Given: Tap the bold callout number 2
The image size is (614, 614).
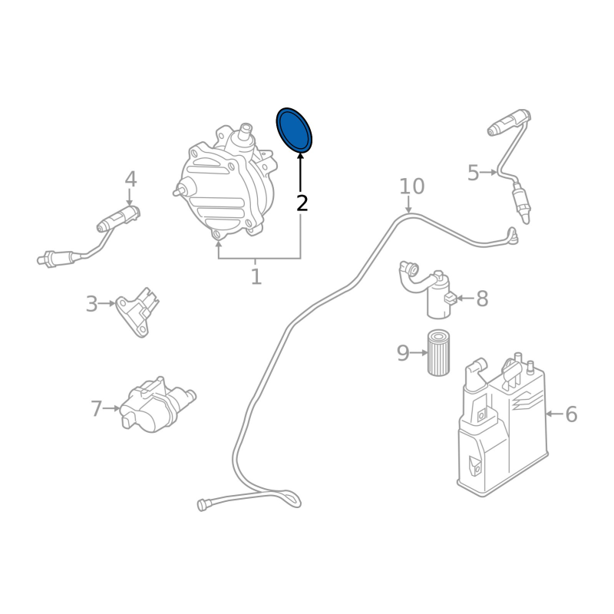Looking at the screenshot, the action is pyautogui.click(x=302, y=203).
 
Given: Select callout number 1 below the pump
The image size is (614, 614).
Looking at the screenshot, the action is pyautogui.click(x=256, y=276).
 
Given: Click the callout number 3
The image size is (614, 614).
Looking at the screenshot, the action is pyautogui.click(x=91, y=303).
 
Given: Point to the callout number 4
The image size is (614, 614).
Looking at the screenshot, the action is pyautogui.click(x=130, y=180).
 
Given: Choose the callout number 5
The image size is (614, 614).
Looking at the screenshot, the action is pyautogui.click(x=474, y=172).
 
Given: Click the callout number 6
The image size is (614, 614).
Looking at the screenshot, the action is pyautogui.click(x=571, y=414).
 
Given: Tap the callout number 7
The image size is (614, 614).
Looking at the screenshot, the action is pyautogui.click(x=97, y=408).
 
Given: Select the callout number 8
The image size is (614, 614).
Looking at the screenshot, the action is pyautogui.click(x=482, y=299).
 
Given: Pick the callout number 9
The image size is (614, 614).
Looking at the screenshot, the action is pyautogui.click(x=403, y=353).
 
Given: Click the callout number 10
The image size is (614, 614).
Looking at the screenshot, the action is pyautogui.click(x=411, y=187).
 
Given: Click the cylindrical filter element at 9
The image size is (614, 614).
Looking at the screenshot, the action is pyautogui.click(x=438, y=352).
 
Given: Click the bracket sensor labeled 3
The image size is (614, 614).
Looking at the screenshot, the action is pyautogui.click(x=137, y=312).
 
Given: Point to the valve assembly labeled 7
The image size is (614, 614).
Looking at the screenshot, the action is pyautogui.click(x=157, y=405).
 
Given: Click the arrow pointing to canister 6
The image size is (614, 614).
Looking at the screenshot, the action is pyautogui.click(x=554, y=414).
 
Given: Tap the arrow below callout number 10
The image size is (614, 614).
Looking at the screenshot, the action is pyautogui.click(x=408, y=204).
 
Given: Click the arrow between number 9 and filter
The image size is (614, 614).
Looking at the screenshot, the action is pyautogui.click(x=419, y=353).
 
